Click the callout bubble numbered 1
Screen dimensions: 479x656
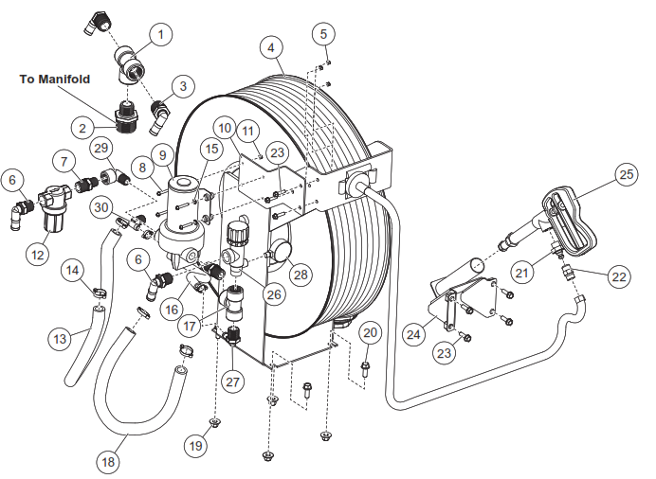tap(160, 36)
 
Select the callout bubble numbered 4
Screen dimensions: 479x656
tap(271, 47)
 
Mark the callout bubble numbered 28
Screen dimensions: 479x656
tap(301, 275)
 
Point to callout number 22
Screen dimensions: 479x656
tap(617, 277)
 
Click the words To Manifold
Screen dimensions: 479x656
tap(55, 80)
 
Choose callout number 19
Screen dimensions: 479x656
tap(197, 445)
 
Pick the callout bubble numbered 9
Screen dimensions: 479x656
tap(162, 153)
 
